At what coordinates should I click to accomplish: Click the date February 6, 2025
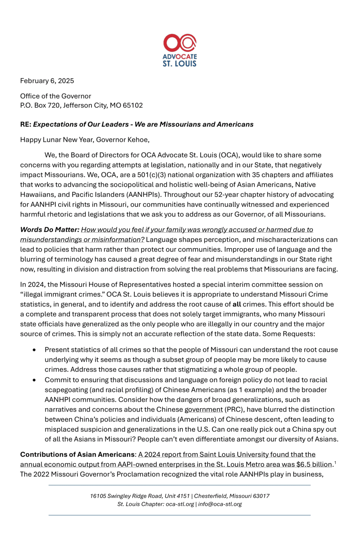click(x=47, y=81)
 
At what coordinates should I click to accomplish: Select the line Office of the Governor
click(x=56, y=96)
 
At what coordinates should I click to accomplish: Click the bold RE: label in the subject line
click(x=26, y=124)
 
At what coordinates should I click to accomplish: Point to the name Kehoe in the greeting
click(x=139, y=140)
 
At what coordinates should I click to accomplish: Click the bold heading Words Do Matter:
click(x=50, y=230)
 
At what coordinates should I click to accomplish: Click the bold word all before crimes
click(x=237, y=304)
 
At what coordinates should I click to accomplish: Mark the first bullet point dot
click(x=34, y=350)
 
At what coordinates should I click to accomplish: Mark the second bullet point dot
click(x=34, y=380)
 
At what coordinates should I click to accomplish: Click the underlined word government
click(x=204, y=410)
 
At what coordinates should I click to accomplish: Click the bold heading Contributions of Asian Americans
click(x=77, y=455)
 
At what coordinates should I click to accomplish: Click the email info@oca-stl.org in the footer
click(x=220, y=504)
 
